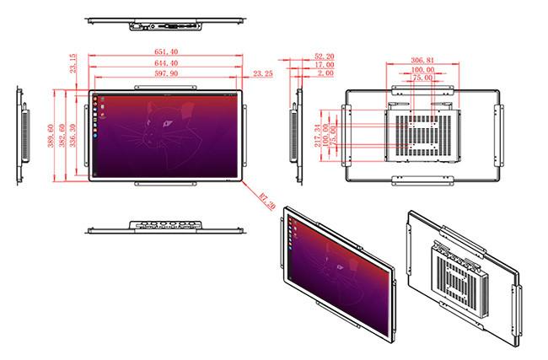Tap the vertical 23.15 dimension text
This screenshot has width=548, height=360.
coord(73,63)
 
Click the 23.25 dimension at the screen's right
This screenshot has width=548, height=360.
coord(263,73)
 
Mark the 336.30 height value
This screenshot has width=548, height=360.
coord(73,135)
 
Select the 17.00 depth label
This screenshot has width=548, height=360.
coord(324,65)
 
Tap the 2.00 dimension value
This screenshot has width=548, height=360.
coord(324,74)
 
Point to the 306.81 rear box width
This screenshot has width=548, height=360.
coord(422,61)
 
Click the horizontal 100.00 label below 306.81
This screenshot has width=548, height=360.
coord(423,69)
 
